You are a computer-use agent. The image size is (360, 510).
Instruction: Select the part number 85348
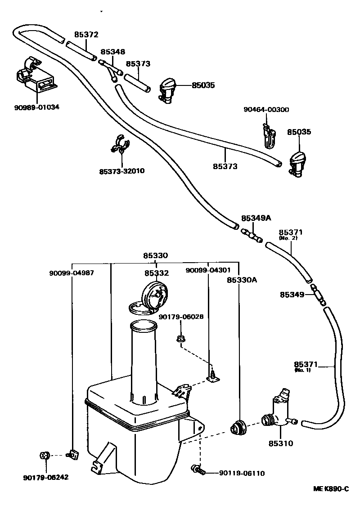112,52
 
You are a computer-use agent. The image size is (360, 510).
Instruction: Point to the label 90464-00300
266,109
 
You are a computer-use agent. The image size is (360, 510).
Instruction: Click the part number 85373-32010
122,171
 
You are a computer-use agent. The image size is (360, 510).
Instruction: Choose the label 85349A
256,218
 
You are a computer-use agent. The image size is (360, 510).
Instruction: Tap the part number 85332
156,273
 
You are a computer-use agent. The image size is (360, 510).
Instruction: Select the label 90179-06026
181,317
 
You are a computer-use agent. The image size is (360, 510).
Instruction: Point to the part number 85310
281,443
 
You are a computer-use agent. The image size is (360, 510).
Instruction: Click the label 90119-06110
242,473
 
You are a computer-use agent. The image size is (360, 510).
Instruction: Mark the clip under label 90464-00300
270,137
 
